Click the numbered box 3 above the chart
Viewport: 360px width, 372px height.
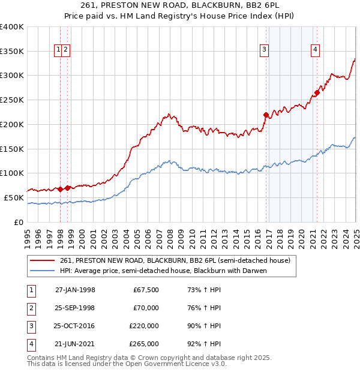click(264, 50)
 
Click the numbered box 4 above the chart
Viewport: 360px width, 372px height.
click(315, 50)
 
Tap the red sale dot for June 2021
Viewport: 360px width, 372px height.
click(317, 92)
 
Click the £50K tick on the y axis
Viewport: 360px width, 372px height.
click(14, 197)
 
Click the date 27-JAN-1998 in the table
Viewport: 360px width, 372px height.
click(75, 290)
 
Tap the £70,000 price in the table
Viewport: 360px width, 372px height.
click(146, 308)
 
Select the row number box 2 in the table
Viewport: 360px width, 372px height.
click(31, 308)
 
